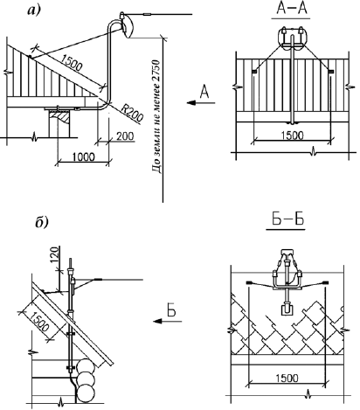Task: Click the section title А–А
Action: (x=291, y=9)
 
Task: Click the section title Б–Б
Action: (x=288, y=219)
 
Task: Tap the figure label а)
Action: (x=34, y=10)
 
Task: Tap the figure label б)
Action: (x=42, y=222)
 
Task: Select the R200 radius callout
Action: (x=132, y=113)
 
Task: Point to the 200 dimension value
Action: (x=125, y=136)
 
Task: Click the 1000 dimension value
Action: (x=84, y=156)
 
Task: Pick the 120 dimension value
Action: (x=54, y=254)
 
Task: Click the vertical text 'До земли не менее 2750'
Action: (x=156, y=116)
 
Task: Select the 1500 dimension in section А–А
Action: (x=293, y=136)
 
